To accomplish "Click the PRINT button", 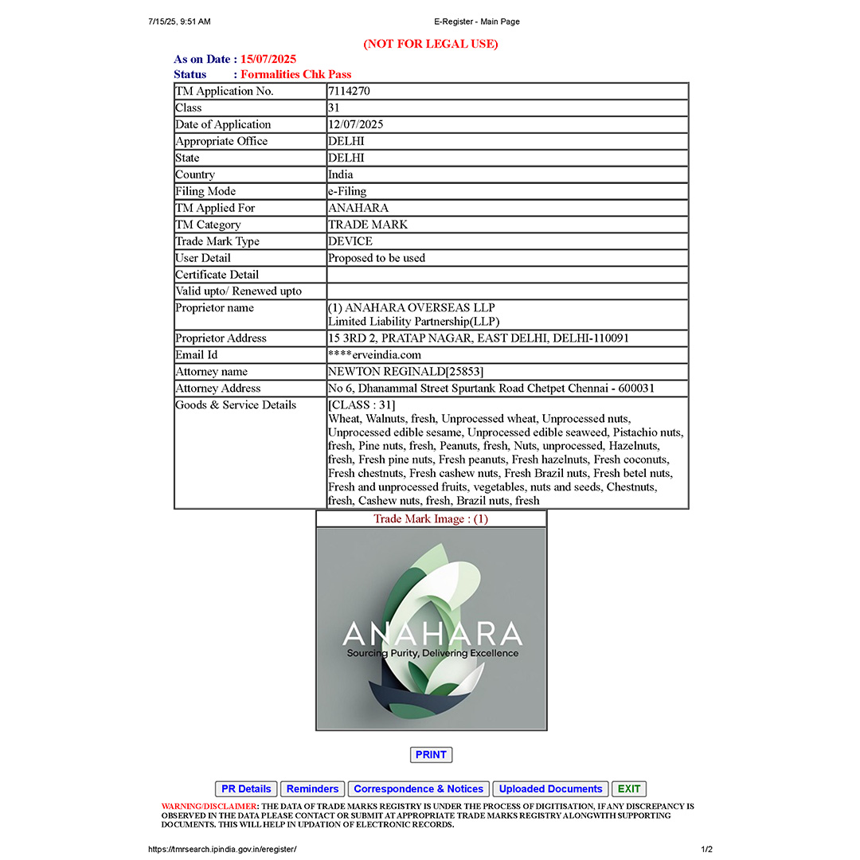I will click(431, 755).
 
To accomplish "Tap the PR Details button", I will click(246, 789).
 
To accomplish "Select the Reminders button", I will click(312, 789).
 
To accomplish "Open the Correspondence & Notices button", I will click(418, 789).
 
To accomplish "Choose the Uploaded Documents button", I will click(550, 789).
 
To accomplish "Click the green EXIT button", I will click(629, 789).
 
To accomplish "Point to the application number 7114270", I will click(349, 92).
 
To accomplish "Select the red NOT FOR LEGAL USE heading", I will click(431, 44).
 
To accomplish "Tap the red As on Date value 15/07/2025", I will click(268, 60).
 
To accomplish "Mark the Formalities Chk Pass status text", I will click(296, 75).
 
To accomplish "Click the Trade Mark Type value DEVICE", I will click(350, 241).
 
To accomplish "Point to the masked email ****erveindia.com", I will click(374, 355).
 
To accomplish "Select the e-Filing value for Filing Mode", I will click(347, 191).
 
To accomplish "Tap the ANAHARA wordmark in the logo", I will click(432, 635).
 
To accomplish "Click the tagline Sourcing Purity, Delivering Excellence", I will click(432, 654).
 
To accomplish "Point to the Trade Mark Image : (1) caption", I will click(431, 519).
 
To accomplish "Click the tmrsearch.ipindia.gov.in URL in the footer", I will click(223, 850).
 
